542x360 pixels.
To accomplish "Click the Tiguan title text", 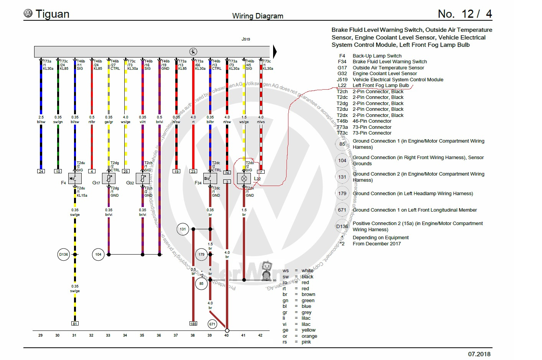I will [52, 14].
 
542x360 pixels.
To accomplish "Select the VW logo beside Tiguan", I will [28, 13].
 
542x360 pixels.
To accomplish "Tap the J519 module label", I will [246, 39].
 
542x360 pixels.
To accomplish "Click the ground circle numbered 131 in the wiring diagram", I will [183, 229].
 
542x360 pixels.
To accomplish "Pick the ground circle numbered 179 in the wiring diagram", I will [201, 254].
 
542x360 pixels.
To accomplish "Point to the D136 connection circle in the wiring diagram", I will [64, 254].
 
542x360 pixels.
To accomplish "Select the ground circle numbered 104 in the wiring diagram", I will [98, 254].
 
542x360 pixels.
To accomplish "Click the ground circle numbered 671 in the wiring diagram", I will [212, 324].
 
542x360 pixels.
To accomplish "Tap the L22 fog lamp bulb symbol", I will [244, 178].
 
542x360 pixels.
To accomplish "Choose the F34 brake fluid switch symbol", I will [210, 178].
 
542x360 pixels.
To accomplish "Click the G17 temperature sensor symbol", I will [109, 178].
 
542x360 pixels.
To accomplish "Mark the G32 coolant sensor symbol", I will [143, 178].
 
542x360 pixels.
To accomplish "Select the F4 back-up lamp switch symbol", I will [75, 178].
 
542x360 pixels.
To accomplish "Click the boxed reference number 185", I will [193, 324].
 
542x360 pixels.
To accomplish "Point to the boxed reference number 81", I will [75, 324].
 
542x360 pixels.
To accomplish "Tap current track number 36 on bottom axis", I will [159, 335].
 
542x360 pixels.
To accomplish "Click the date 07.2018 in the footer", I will [479, 354].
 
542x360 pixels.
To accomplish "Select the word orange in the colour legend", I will [309, 336].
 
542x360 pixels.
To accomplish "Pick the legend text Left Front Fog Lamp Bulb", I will [381, 85].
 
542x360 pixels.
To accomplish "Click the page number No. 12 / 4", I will [465, 14].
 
